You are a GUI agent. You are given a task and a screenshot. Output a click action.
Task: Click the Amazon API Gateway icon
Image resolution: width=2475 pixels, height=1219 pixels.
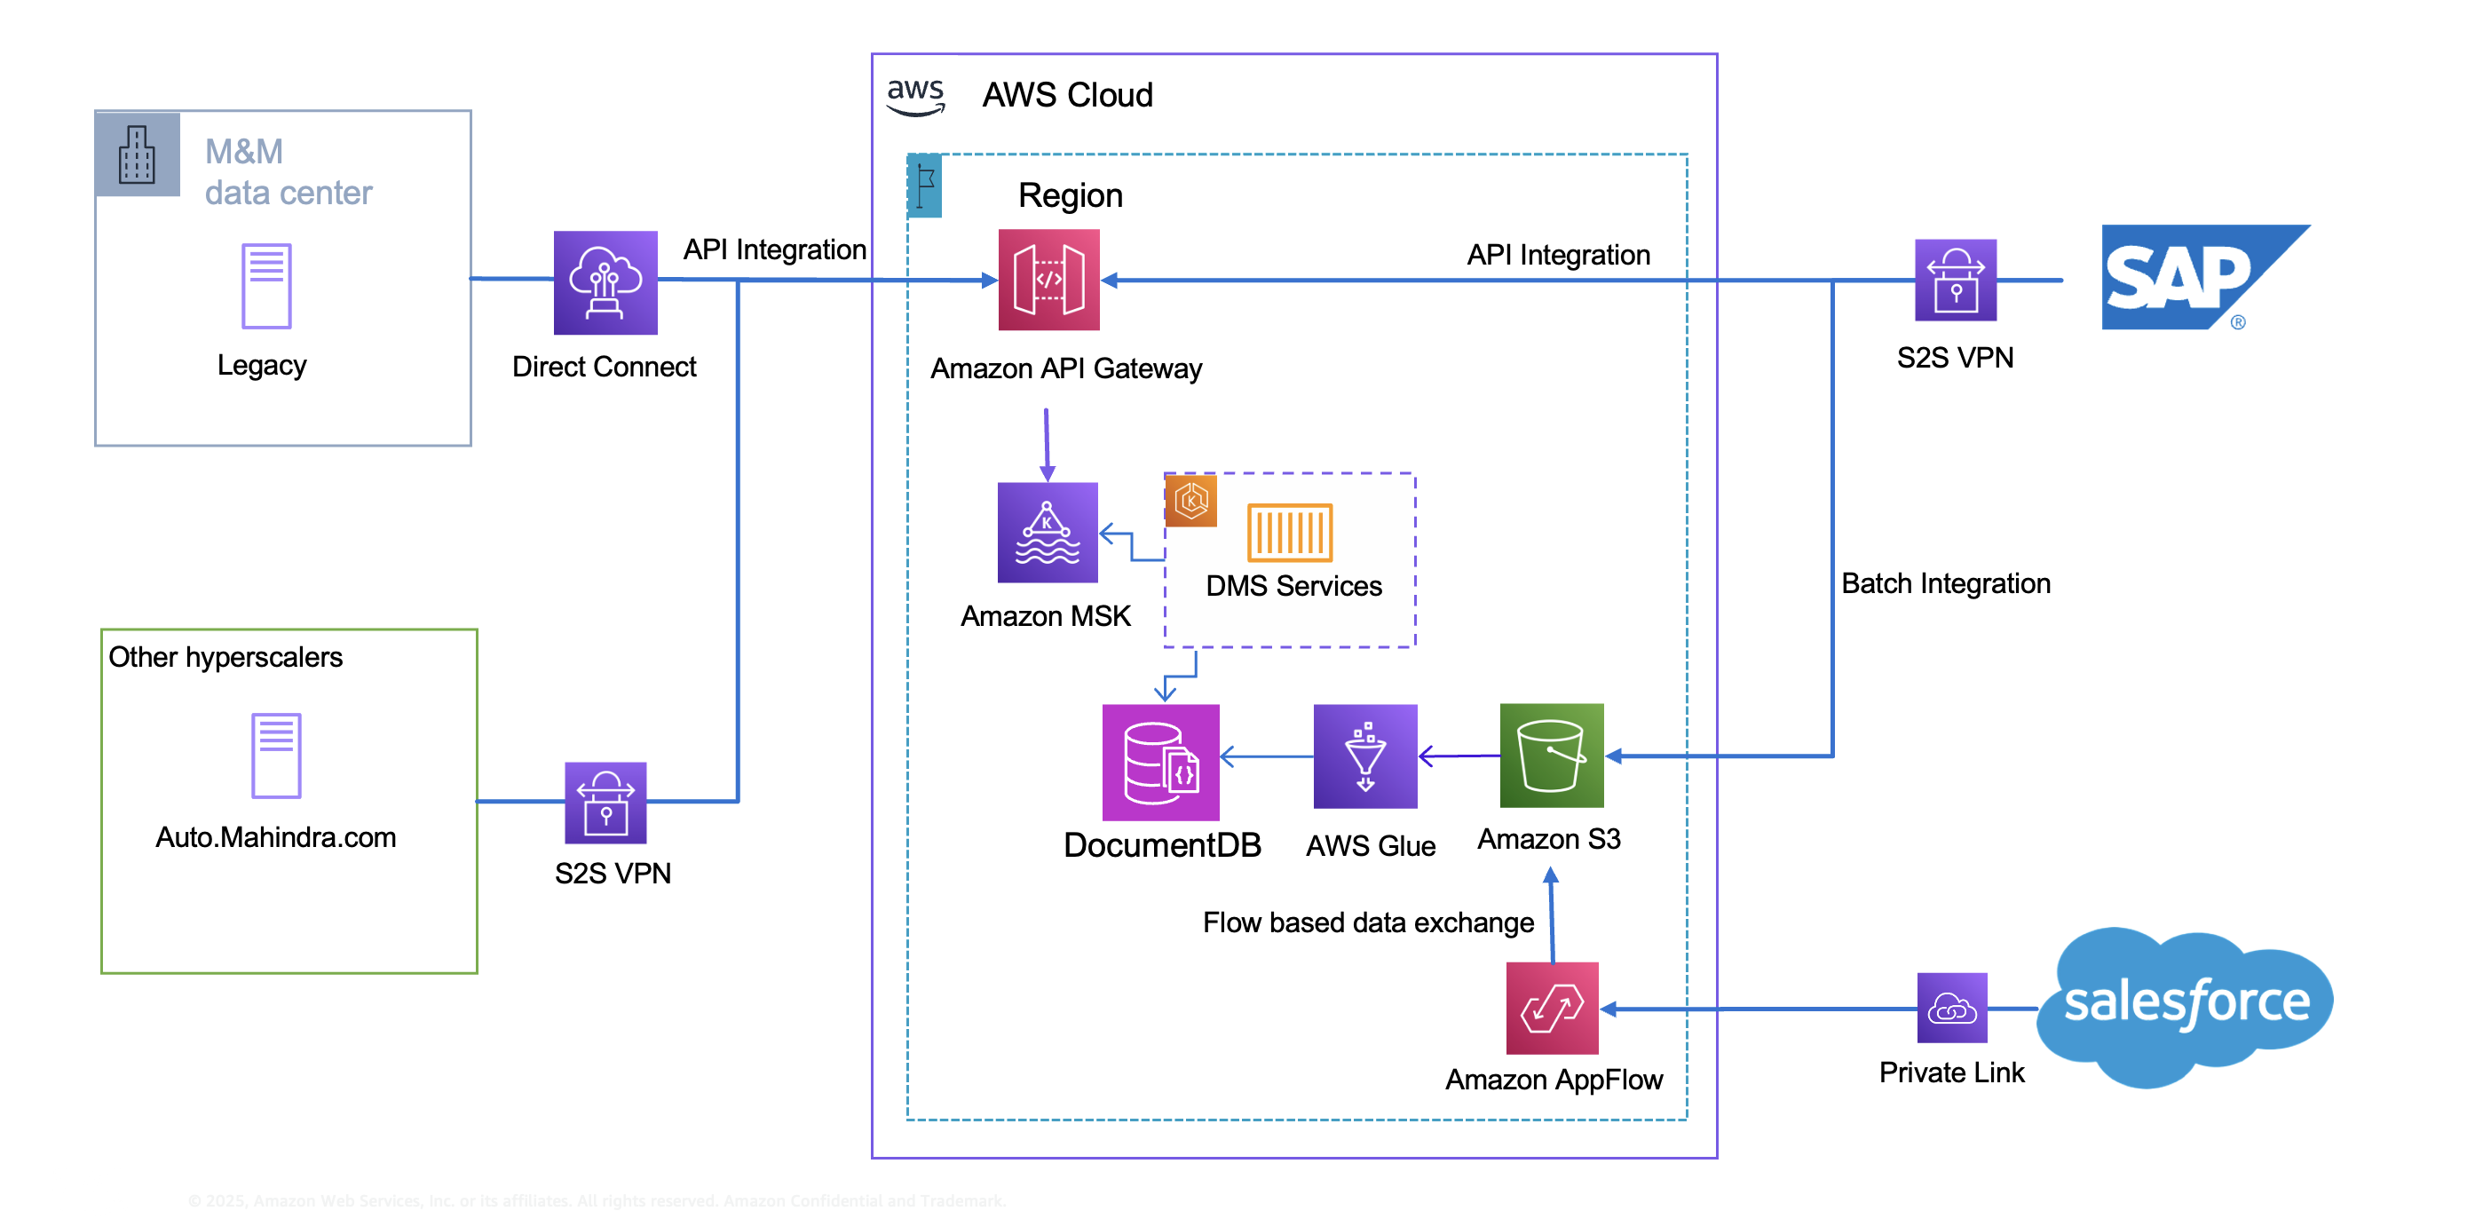(x=1048, y=280)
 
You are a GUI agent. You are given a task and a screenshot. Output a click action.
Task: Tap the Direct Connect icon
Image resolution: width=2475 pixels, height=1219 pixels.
(x=605, y=282)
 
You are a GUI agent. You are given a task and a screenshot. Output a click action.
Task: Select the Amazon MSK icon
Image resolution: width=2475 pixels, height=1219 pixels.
(x=1048, y=532)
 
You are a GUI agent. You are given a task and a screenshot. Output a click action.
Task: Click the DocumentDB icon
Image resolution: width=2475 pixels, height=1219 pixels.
(x=1159, y=762)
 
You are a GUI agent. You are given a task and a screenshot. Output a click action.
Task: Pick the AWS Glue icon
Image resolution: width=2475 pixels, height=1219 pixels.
(x=1364, y=756)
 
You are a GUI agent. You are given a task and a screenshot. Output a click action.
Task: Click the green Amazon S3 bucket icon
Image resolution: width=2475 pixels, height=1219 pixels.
(x=1551, y=755)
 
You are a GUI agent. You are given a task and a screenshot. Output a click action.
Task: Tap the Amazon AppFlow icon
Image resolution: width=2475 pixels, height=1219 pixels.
(x=1552, y=1008)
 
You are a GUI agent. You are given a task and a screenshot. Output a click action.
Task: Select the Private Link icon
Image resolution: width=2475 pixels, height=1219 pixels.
(x=1951, y=1008)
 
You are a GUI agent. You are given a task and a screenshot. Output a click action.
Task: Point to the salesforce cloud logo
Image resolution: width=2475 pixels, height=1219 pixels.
(x=2186, y=1005)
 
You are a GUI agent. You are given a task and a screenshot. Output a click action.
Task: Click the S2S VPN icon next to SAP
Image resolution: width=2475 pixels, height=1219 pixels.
(x=1954, y=280)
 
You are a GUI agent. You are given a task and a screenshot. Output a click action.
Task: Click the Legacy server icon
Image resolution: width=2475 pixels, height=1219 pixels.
(x=266, y=286)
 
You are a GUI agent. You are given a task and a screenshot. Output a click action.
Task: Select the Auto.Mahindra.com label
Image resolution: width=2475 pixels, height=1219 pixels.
(x=276, y=836)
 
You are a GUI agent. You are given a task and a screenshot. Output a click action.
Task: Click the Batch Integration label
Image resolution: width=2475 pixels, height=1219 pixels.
(x=1945, y=583)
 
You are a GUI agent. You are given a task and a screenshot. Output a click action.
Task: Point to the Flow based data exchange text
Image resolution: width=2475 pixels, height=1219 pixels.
(x=1367, y=922)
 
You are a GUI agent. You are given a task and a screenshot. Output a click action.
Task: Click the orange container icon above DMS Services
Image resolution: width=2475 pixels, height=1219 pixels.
(x=1288, y=532)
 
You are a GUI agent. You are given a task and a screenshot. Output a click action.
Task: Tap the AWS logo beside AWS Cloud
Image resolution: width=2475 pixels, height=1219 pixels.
(x=914, y=96)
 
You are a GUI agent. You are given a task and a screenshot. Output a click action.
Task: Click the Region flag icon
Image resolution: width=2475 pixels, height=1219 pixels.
(x=924, y=186)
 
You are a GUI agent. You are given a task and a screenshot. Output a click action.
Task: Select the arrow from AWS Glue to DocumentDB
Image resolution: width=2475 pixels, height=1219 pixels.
(x=1266, y=757)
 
